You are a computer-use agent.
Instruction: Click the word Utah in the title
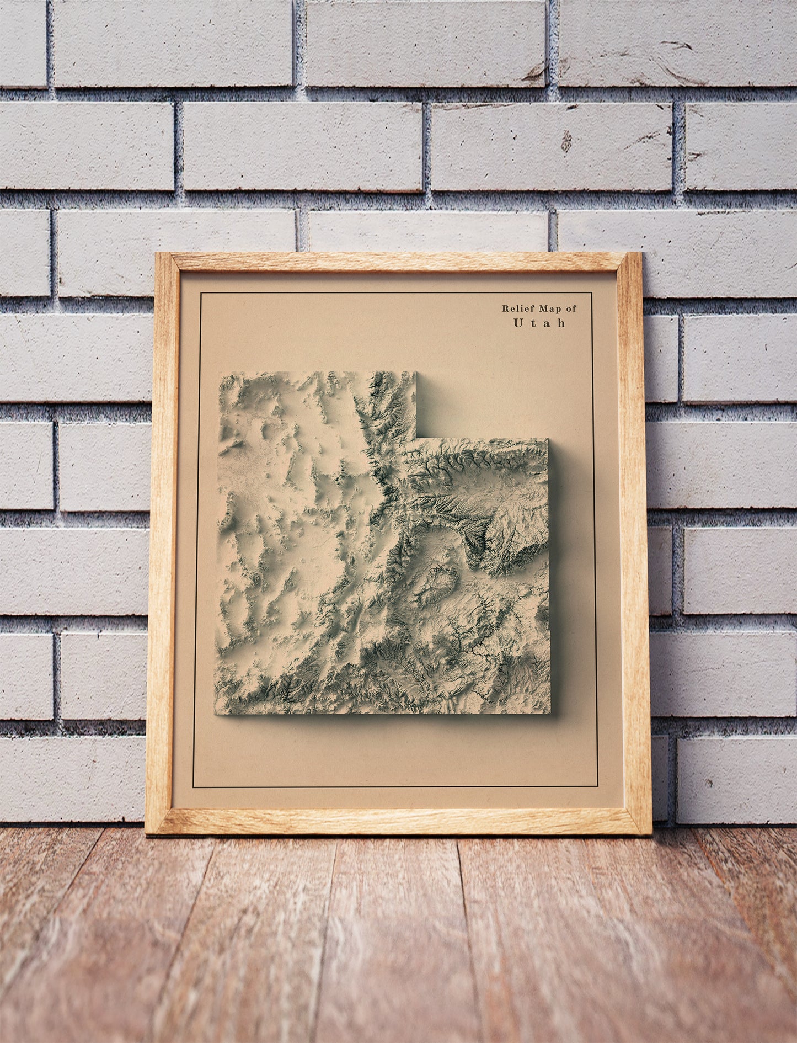(539, 323)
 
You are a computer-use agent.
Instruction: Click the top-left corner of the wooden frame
(156, 253)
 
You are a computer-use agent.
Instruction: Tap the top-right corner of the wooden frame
(641, 253)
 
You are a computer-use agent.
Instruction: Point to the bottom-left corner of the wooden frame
(146, 833)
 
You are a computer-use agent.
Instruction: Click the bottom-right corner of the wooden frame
(651, 834)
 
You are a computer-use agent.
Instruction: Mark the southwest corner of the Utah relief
(215, 714)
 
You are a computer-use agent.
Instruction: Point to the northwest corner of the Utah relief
(220, 372)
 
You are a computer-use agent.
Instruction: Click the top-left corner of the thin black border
(201, 293)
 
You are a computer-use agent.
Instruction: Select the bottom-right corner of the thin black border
(598, 787)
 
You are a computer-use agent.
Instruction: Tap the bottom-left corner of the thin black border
(193, 787)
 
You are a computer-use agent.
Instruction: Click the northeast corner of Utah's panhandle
(416, 372)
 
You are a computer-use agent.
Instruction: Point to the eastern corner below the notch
(548, 439)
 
